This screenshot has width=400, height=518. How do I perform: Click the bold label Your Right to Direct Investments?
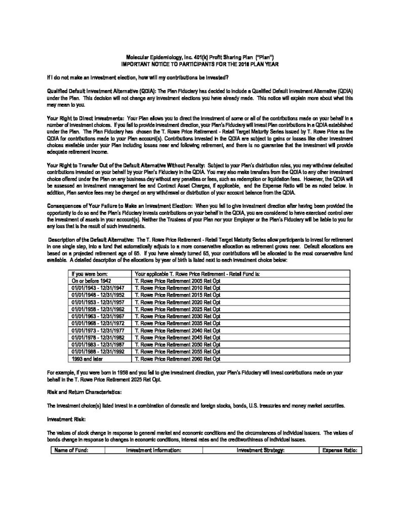[x=85, y=117]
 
